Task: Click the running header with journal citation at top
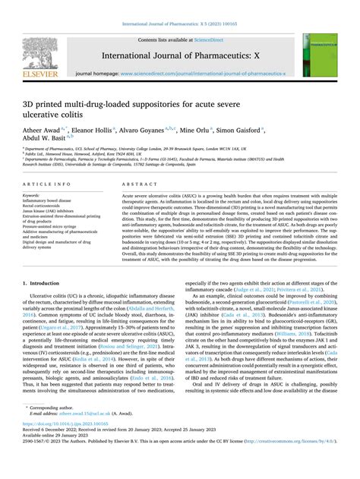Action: (179, 7)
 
